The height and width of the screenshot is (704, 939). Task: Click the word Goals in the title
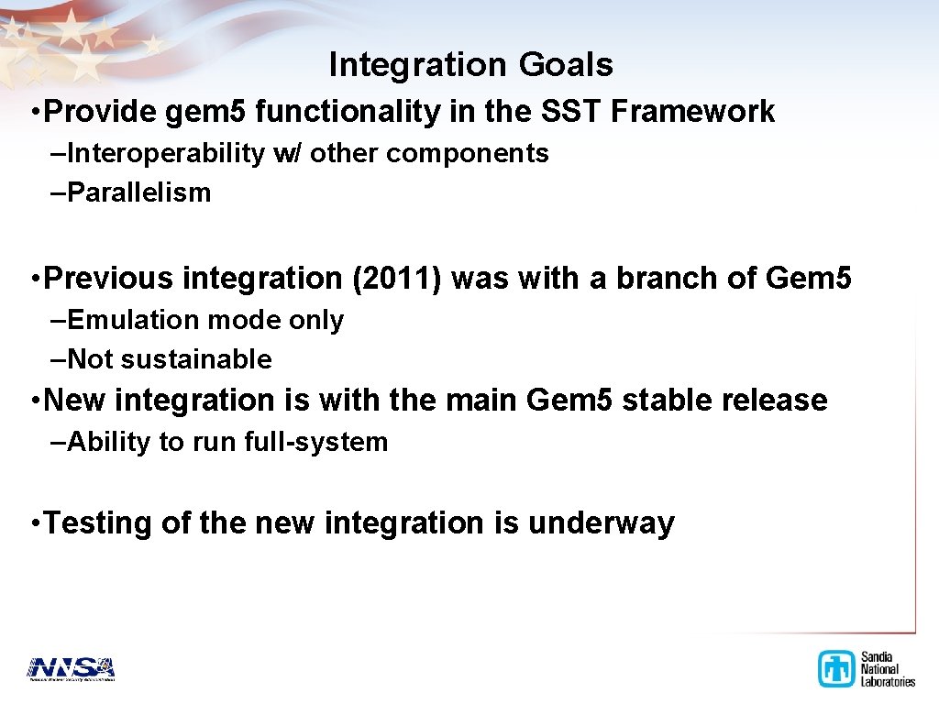coord(566,64)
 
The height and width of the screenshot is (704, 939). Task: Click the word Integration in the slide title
coord(418,65)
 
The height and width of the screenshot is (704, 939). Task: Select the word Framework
coord(693,111)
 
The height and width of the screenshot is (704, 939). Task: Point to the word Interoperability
coord(166,153)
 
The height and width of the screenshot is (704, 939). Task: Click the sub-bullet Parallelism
coord(139,192)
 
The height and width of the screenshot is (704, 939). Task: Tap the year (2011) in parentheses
coord(396,279)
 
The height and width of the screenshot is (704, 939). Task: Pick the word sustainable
coord(197,359)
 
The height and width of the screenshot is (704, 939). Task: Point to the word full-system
coord(316,442)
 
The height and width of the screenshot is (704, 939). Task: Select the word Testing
coord(97,522)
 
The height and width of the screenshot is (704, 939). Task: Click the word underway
coord(602,522)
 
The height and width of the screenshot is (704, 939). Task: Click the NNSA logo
coord(71,669)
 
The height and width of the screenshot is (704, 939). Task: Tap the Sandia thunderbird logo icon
coord(836,668)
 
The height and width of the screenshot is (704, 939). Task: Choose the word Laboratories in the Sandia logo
coord(888,681)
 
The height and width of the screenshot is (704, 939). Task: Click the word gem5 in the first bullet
coord(205,112)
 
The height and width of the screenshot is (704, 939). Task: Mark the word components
coord(468,154)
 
